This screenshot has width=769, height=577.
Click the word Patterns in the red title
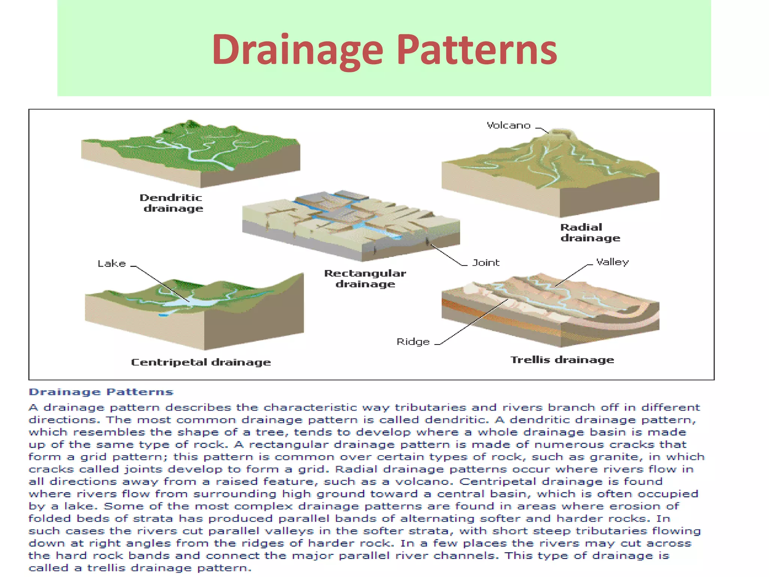(476, 50)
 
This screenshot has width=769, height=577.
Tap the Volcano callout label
(508, 125)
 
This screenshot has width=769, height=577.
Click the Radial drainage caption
(590, 233)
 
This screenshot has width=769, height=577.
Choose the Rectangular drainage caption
(365, 278)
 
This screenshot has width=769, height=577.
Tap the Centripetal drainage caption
(201, 362)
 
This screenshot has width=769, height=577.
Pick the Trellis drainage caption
(562, 360)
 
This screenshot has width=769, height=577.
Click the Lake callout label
(112, 264)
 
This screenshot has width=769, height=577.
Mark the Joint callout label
(486, 263)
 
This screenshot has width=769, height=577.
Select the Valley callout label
(612, 262)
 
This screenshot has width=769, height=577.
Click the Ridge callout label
(413, 342)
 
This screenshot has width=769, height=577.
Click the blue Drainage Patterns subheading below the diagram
(101, 392)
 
